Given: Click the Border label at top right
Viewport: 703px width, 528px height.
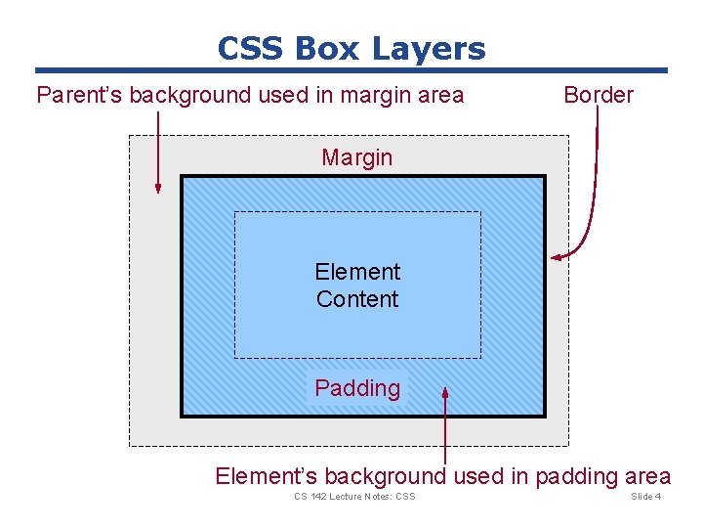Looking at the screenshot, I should tap(599, 95).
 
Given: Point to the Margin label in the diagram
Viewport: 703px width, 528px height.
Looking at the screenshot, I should tap(357, 157).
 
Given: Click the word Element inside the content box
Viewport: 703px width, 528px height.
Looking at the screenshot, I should tap(357, 272).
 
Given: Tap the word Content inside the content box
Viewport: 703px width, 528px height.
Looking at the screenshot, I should tap(357, 299).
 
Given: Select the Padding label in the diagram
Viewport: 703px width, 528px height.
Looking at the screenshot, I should tap(357, 388).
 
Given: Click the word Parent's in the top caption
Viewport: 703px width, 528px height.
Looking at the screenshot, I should tap(79, 96).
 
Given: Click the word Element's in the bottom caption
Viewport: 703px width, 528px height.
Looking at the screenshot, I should tap(266, 477).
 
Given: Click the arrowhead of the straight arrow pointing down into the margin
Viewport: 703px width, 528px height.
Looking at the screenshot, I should tap(158, 188).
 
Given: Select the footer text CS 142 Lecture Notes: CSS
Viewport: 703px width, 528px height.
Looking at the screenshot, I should tap(354, 497).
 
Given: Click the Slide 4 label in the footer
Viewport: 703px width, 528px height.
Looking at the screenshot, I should tap(646, 497).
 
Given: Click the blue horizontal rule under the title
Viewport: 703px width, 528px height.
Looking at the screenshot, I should tap(351, 70).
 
